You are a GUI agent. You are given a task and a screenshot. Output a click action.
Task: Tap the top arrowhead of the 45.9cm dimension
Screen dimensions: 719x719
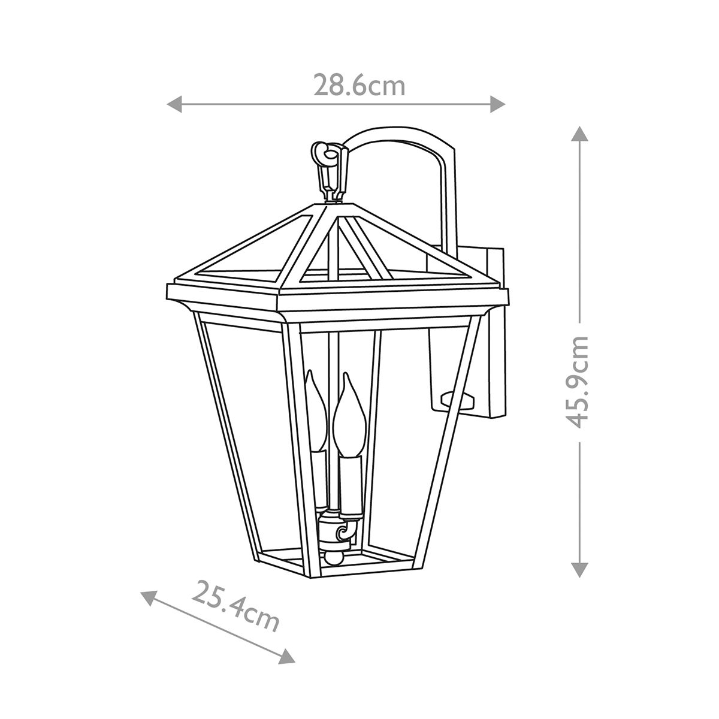click(x=579, y=133)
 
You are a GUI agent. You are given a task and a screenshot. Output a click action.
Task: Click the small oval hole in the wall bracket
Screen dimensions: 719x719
click(x=455, y=397)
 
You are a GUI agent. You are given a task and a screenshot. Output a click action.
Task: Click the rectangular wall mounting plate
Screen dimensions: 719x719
click(x=496, y=336)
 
